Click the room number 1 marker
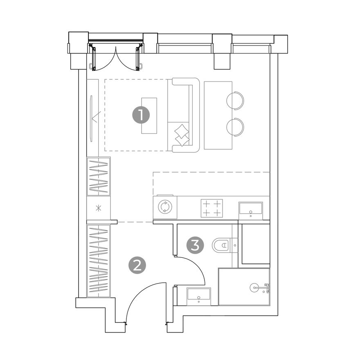tap(141, 115)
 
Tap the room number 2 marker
tap(137, 266)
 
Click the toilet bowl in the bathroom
tap(221, 245)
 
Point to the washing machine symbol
tap(165, 207)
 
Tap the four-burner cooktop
tap(211, 208)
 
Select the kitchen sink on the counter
tap(250, 211)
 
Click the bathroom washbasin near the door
tap(199, 297)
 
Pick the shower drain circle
tap(254, 288)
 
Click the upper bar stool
tap(235, 100)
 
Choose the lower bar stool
tap(235, 127)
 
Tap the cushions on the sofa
tap(182, 135)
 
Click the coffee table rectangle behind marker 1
tap(149, 115)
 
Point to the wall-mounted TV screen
tap(92, 119)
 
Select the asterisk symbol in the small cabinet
tap(98, 209)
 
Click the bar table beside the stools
tap(218, 115)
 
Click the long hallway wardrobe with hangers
tap(99, 261)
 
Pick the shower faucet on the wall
tap(267, 288)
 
